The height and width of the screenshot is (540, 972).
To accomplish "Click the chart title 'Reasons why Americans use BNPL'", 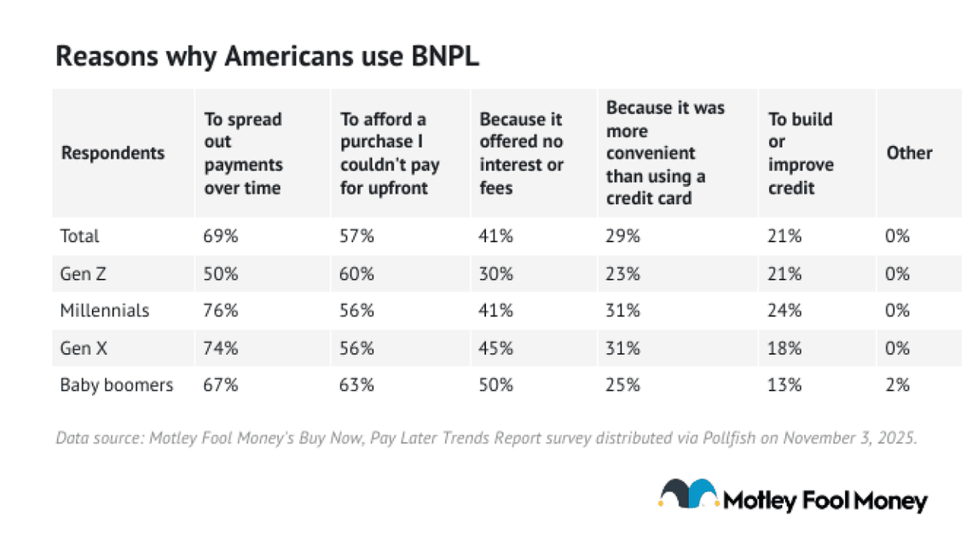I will coord(267,56).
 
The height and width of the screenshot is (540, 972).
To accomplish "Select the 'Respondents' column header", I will coord(113,154).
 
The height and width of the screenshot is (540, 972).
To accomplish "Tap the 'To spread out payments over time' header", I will coord(243,154).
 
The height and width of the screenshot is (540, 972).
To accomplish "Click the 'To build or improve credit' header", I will coord(801,154).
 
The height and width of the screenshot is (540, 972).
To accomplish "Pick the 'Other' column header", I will coord(909,154).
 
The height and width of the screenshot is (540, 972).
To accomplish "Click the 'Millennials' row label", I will coord(104,311).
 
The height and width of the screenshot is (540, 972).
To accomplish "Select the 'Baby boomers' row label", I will coord(116,385).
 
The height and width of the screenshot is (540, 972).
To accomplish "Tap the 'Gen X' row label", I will coord(82,347).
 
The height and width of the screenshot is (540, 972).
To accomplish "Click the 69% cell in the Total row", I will coord(221,236).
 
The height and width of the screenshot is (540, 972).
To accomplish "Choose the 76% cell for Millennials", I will coord(221,311).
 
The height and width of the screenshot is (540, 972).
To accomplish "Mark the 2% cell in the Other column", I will coord(897,385).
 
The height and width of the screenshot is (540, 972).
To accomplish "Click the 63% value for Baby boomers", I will coord(357,385).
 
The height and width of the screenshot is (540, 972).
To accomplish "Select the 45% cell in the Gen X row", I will coord(496,347).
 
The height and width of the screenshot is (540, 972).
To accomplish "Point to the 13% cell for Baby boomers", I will coord(784,385).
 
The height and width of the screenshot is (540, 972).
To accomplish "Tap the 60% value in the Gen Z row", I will coord(357,273).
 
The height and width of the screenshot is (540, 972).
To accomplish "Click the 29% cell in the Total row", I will coord(622,236).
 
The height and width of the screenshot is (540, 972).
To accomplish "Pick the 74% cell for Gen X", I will coord(221,347).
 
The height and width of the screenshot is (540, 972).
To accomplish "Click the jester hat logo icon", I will coord(687,496).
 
